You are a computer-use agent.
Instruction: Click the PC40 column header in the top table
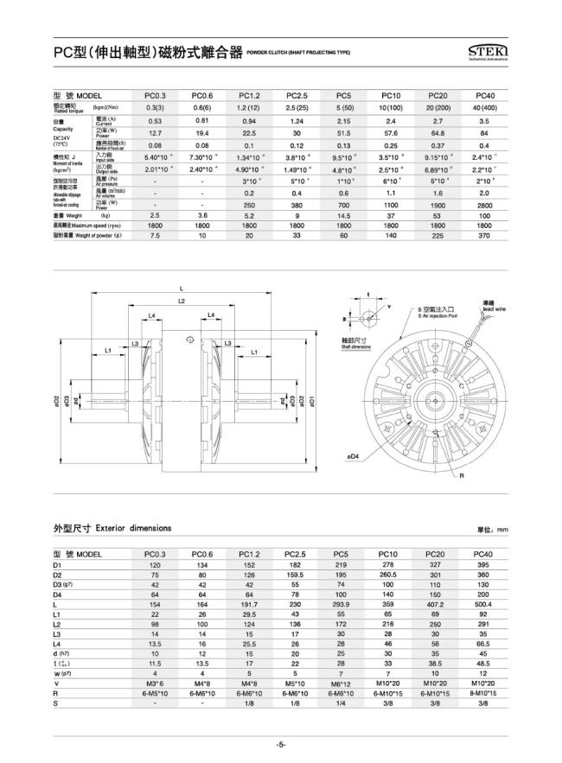[483, 94]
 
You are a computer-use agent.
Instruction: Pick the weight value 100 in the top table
[483, 214]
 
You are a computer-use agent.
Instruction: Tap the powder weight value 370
[483, 234]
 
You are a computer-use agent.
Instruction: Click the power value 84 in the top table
[483, 133]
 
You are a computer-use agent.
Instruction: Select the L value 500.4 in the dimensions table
[482, 605]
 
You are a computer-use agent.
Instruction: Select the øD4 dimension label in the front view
[354, 455]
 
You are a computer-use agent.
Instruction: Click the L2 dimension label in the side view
[182, 301]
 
